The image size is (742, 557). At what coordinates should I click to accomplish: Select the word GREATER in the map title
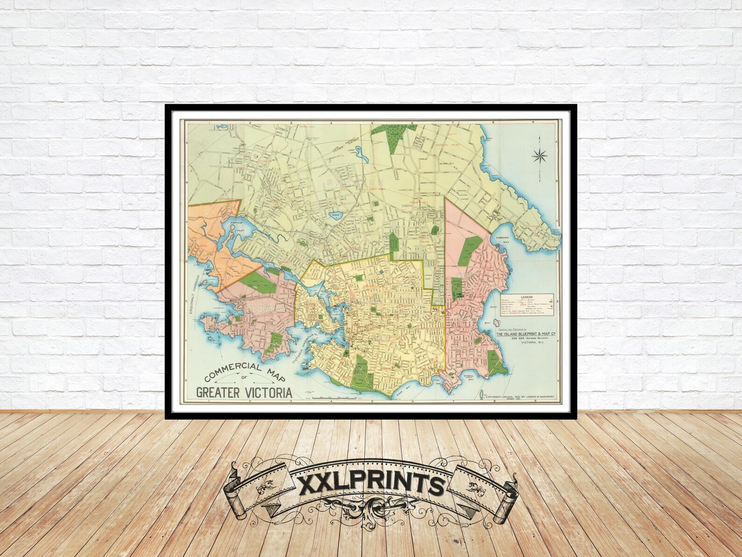(216, 392)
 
